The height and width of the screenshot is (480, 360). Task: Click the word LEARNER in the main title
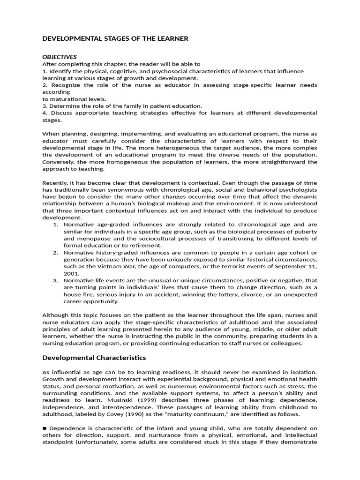[172, 38]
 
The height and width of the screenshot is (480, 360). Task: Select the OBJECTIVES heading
[60, 57]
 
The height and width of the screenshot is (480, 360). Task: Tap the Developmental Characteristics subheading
[94, 358]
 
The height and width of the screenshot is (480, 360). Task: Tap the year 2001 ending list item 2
[72, 273]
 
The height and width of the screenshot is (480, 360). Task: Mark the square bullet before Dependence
[45, 428]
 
